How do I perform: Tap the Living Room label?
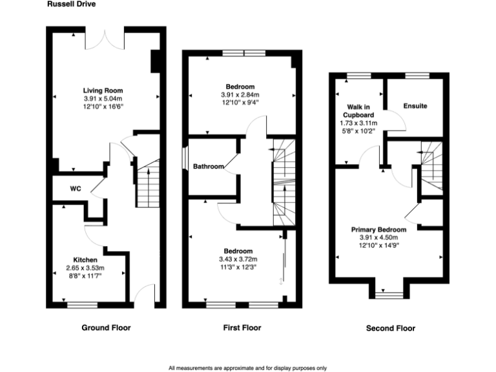click(103, 90)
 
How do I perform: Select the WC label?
click(75, 189)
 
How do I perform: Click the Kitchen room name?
click(85, 260)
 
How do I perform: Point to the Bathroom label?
click(209, 167)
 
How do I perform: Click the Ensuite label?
click(415, 106)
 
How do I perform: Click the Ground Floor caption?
click(106, 328)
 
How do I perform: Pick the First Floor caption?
click(242, 328)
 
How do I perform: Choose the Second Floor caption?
click(390, 328)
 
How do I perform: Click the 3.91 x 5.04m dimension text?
click(103, 98)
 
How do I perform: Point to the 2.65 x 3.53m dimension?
click(85, 267)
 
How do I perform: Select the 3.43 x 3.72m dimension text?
click(238, 259)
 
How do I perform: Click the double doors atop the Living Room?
click(103, 37)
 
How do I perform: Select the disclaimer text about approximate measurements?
click(247, 368)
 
